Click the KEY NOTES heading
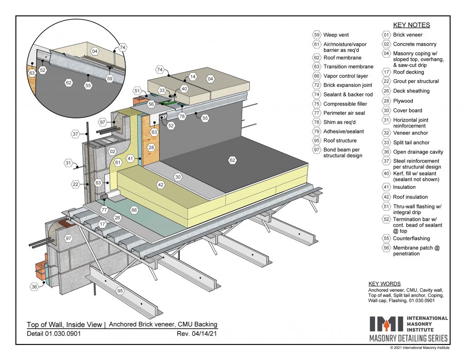click(x=411, y=25)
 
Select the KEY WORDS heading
click(x=385, y=284)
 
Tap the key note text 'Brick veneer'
click(x=408, y=35)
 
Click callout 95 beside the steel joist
click(x=120, y=290)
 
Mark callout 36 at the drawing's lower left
click(x=34, y=287)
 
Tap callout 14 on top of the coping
click(x=192, y=77)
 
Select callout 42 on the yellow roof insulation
click(x=160, y=185)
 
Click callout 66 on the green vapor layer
click(x=134, y=210)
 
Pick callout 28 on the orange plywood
click(x=151, y=147)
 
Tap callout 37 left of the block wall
click(x=76, y=134)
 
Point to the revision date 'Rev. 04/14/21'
click(x=197, y=334)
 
